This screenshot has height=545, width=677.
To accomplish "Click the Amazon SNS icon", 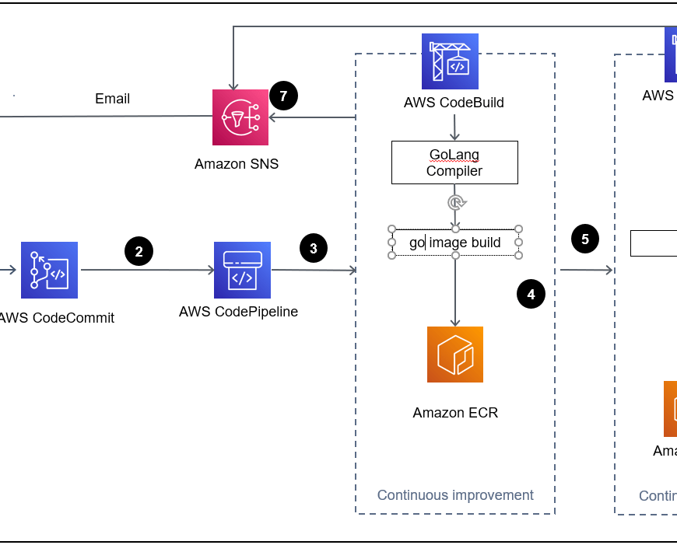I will (x=240, y=117).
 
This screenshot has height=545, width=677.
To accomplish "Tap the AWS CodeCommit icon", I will (x=50, y=270).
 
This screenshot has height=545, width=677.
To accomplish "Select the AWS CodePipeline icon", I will (x=242, y=270).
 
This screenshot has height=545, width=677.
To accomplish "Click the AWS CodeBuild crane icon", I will (x=450, y=61).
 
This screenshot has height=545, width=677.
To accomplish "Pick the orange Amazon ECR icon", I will (x=455, y=355).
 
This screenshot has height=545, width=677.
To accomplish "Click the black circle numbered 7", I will (x=284, y=96).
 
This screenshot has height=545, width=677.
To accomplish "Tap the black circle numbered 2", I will (x=139, y=251).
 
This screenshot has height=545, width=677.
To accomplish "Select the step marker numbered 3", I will (x=314, y=249).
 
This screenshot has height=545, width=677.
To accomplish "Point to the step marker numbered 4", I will (x=531, y=295).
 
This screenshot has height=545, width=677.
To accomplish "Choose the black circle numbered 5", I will (x=585, y=239).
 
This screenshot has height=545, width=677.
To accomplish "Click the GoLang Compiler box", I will (x=454, y=162).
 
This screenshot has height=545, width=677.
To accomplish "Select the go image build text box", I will (x=455, y=243).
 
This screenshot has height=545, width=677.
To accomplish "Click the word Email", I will (x=113, y=99).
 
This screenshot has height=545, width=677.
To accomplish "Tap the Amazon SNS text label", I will (x=237, y=164).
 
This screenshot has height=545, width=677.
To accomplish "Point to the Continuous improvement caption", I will (x=455, y=495).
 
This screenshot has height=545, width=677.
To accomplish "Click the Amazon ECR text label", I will (x=455, y=413).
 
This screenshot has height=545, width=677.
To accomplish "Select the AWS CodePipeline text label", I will (x=238, y=312).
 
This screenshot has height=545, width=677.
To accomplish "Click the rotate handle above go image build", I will (x=455, y=202).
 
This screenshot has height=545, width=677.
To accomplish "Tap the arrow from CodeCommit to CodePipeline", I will (x=148, y=271).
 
